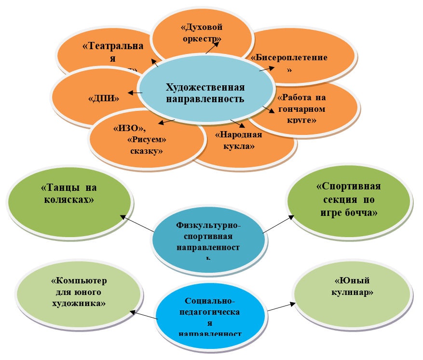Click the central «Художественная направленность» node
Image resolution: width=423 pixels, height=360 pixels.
coord(205,93)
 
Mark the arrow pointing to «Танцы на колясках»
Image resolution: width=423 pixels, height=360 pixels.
coord(137,224)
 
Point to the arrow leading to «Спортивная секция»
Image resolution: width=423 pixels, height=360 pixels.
coord(278,225)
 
